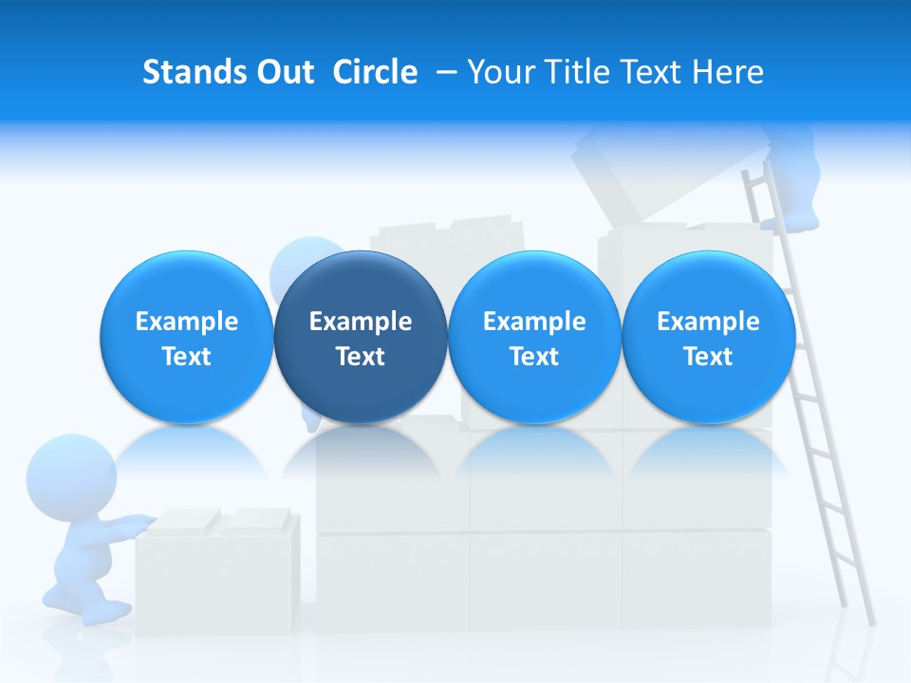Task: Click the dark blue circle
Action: [361, 338]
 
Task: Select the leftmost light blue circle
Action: [187, 338]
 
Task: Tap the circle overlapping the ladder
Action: [708, 338]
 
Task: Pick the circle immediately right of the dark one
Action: [534, 338]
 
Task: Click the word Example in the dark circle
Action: [361, 322]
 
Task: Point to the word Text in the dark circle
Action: [361, 357]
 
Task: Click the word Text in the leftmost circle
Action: [187, 357]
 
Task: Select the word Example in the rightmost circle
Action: [708, 322]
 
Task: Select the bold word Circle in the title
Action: [375, 72]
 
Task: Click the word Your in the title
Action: [502, 72]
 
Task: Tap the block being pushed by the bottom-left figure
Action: [218, 569]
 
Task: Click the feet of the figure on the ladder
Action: [790, 221]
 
